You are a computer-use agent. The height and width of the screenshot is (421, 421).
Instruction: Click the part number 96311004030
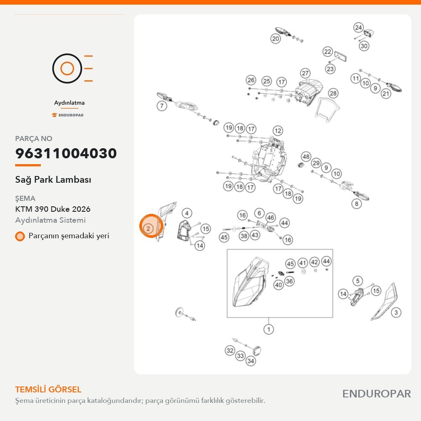coord(66,153)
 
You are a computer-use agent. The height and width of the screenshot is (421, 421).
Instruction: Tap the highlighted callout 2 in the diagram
coord(148,229)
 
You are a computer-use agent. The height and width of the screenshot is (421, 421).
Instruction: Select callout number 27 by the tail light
coord(305,73)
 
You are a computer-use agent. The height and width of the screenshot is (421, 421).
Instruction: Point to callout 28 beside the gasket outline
coord(333,93)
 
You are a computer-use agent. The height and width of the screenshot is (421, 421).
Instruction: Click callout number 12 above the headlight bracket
coord(278,131)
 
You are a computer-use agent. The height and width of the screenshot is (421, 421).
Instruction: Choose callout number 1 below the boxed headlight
coord(269,329)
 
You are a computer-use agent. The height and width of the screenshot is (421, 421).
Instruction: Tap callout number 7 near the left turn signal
coord(162,106)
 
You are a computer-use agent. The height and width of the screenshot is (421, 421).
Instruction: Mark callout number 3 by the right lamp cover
coord(396,312)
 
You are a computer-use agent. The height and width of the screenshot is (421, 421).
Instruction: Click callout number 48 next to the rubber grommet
coord(306,156)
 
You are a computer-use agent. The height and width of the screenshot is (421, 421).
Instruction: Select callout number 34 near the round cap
coord(250,361)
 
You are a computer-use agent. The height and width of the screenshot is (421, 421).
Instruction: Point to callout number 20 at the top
coord(275,39)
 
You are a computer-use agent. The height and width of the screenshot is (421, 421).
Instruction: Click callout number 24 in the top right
coord(358,27)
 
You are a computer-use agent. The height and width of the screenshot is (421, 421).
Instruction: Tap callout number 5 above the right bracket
coord(357,281)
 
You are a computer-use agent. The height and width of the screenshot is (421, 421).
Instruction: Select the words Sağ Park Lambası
coord(53,180)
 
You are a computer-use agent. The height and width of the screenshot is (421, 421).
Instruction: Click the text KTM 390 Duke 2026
coord(53,209)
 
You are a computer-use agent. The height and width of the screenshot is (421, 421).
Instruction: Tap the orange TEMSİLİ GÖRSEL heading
coord(48,389)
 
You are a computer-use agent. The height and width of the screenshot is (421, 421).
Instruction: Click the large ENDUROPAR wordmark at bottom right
coord(376,394)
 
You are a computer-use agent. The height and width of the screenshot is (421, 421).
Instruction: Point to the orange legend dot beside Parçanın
coord(20,236)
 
